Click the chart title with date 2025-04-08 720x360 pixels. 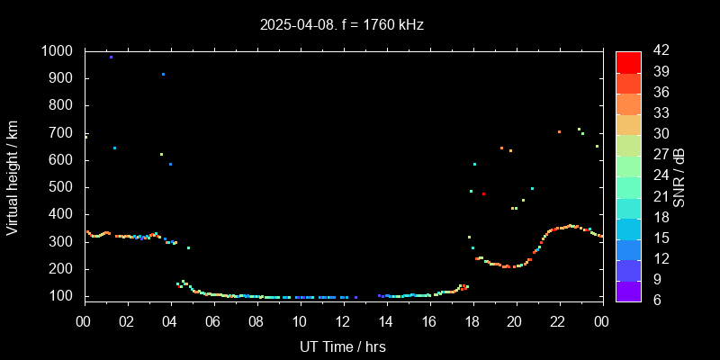[x=341, y=25]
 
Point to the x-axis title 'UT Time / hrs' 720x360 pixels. [x=343, y=346]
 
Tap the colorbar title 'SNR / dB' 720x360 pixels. [x=679, y=176]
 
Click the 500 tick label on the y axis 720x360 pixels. [x=62, y=187]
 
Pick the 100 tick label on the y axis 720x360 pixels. [x=62, y=296]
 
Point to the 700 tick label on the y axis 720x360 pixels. [x=62, y=133]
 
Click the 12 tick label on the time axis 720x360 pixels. [x=343, y=320]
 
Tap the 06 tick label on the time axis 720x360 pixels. [x=213, y=320]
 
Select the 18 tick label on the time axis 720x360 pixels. [x=472, y=320]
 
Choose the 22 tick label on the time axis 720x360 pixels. [x=559, y=320]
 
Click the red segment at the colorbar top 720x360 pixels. [x=628, y=61]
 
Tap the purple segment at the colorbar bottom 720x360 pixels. [x=628, y=290]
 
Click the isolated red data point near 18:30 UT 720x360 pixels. [x=483, y=193]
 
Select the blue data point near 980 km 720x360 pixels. [x=111, y=57]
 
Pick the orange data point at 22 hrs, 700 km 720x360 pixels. [x=559, y=131]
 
